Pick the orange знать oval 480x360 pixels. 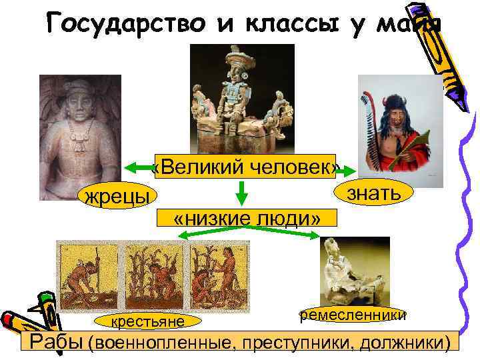coord(373,193)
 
